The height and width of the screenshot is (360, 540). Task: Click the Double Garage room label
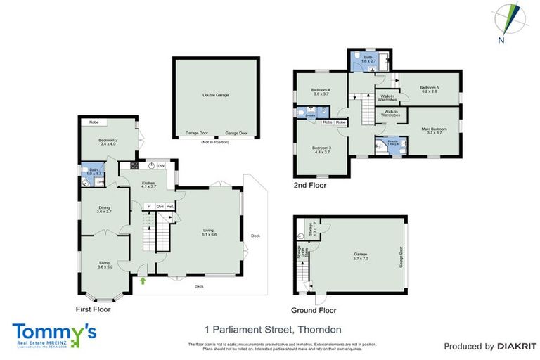(216, 94)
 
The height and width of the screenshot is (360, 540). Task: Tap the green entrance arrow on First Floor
(143, 281)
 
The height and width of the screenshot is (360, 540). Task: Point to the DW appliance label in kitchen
(161, 166)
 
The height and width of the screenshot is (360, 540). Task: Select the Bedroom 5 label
(429, 89)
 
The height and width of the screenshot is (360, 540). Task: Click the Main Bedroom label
(434, 131)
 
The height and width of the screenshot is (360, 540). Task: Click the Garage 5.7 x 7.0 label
(361, 255)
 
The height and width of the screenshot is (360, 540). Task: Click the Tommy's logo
(54, 333)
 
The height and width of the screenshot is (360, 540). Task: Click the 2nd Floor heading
(310, 186)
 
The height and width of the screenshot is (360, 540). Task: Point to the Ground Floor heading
(314, 310)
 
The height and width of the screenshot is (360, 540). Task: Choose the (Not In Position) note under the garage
(216, 141)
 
